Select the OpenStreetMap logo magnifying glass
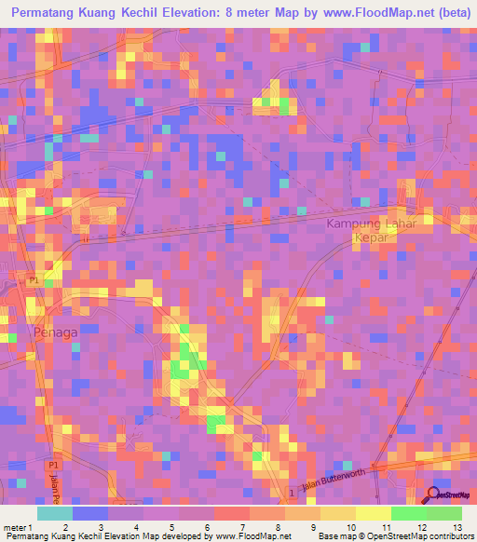coord(433,496)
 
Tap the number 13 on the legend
coord(457,527)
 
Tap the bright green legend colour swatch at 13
coord(444,513)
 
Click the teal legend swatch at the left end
coord(55,513)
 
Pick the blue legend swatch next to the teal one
coord(90,513)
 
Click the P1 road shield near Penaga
coord(34,280)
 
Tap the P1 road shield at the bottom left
coord(52,463)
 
